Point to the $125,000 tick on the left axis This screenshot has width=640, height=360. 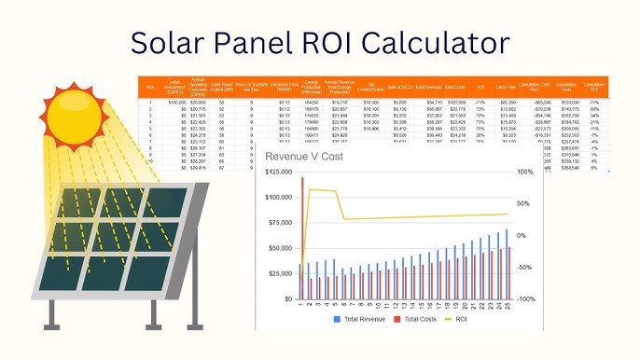pos(278,173)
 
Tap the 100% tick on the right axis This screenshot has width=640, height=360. pos(525,173)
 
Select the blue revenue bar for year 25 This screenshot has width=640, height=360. pos(507,264)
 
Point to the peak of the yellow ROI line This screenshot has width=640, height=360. pos(312,189)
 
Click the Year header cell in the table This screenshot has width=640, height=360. pos(151,88)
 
